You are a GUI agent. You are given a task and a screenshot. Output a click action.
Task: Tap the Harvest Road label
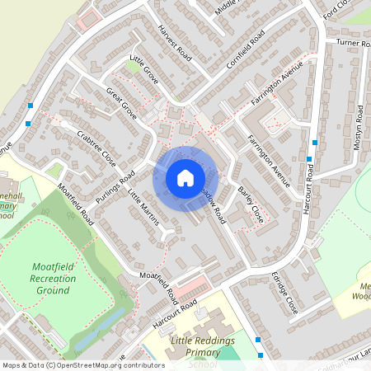click(176, 50)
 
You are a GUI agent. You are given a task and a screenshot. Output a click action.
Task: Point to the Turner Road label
click(352, 42)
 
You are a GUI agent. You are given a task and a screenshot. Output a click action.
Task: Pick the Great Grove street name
click(120, 100)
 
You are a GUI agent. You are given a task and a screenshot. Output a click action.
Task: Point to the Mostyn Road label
click(359, 127)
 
